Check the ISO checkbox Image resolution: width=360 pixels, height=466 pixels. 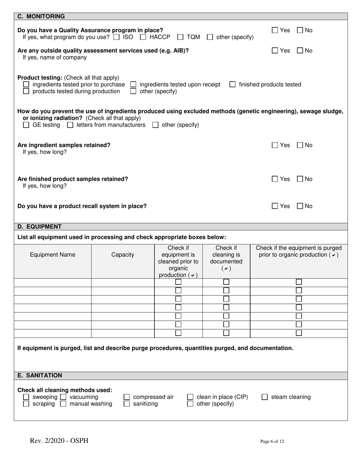116,37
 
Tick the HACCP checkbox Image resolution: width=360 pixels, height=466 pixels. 143,37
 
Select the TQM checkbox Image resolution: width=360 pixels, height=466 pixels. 180,37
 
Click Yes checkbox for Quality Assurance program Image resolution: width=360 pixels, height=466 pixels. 275,30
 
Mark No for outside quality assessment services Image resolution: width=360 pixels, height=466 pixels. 300,51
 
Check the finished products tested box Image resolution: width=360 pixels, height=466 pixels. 233,84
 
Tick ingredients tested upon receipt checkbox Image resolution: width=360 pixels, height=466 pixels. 133,84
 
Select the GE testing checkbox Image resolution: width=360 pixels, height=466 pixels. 26,125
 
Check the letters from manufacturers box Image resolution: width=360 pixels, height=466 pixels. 70,125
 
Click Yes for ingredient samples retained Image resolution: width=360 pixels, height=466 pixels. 275,145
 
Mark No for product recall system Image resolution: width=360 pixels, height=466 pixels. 300,206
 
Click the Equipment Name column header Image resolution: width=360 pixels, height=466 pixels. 52,255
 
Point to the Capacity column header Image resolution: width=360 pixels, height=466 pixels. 122,255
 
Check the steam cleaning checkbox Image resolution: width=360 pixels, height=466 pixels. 265,397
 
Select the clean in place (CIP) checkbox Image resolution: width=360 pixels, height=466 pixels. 191,397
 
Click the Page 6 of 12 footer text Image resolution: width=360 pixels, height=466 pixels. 272,441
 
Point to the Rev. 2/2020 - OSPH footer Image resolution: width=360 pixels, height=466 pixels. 59,441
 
